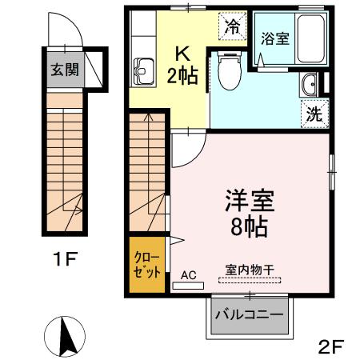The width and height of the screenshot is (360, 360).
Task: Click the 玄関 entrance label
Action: click(x=65, y=70)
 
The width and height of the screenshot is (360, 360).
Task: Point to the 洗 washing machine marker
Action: click(x=314, y=113)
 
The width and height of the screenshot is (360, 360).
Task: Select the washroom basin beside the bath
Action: click(x=310, y=83)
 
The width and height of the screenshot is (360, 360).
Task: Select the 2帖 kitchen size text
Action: click(x=182, y=77)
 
